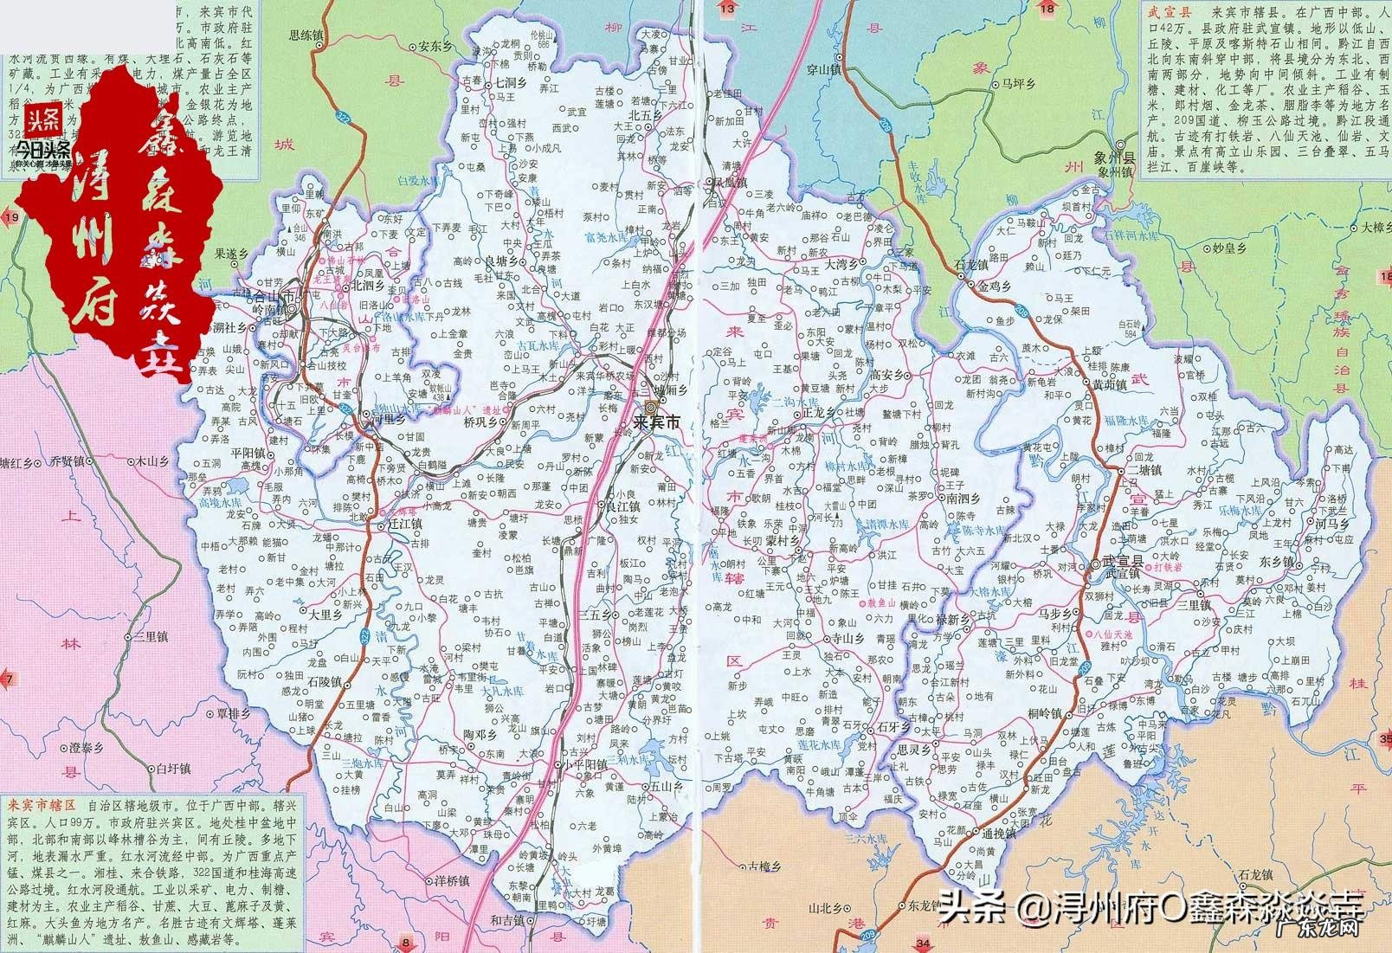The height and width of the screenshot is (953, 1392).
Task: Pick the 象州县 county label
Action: pos(1117,160)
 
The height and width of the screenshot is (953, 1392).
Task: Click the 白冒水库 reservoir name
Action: pos(414,182)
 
